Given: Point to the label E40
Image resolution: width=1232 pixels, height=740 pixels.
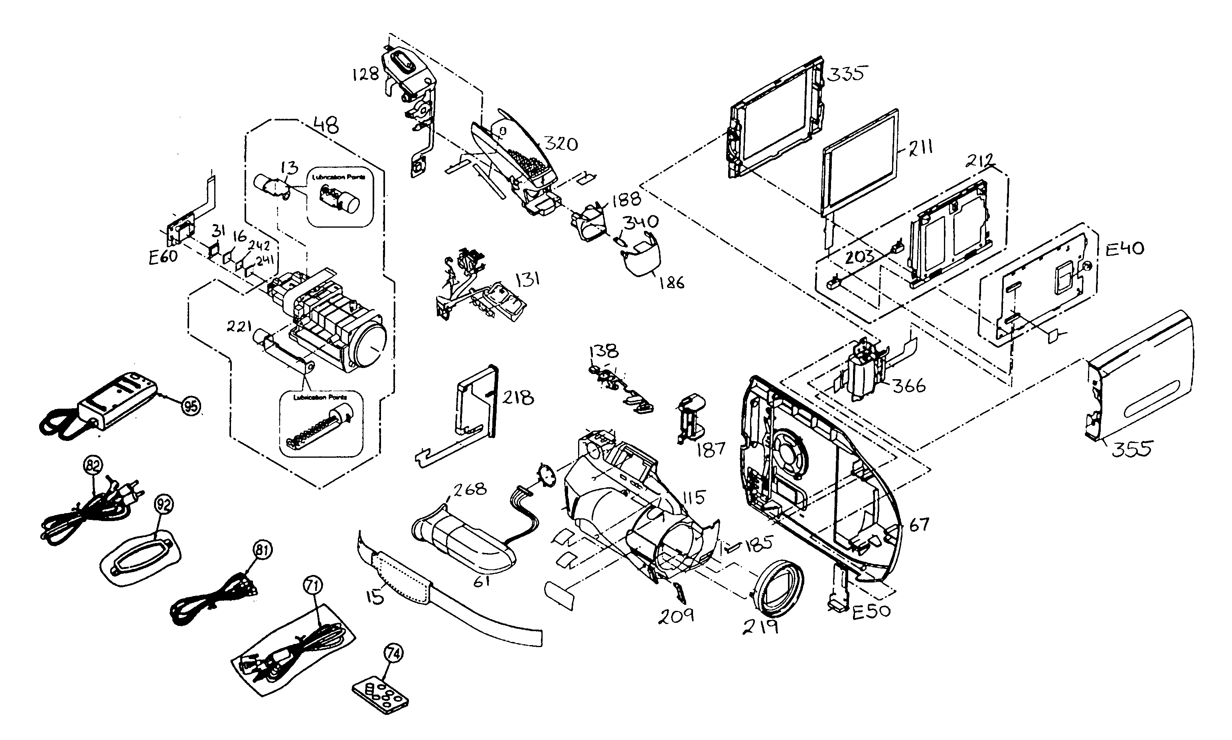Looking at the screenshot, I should pos(1125,248).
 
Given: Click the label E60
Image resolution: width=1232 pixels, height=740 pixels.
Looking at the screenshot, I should pos(163,257).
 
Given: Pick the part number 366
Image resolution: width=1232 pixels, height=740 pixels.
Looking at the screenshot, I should pos(909,386).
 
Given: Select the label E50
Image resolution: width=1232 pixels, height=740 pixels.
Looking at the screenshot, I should pos(871,611).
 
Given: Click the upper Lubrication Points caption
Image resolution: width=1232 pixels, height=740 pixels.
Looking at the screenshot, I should pos(338,177).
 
